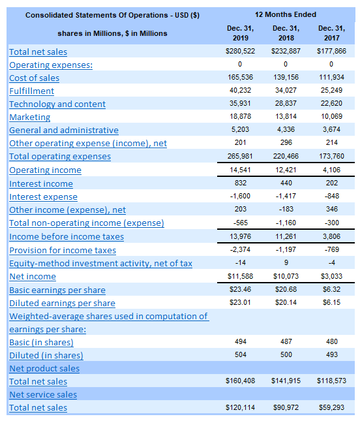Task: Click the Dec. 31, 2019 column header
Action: [x=241, y=33]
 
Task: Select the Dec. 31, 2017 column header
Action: [x=332, y=33]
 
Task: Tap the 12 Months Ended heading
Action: [x=286, y=14]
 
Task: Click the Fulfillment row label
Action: [x=31, y=91]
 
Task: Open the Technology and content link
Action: [x=57, y=104]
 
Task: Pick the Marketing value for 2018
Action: [x=286, y=116]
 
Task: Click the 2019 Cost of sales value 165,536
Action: [x=241, y=77]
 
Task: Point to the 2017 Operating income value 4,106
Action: [x=332, y=170]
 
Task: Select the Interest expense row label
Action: [x=43, y=197]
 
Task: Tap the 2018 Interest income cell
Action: [x=286, y=183]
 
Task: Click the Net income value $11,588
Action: [x=241, y=276]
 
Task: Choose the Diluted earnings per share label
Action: [x=62, y=304]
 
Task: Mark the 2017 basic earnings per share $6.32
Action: [x=332, y=289]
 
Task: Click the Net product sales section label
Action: [x=44, y=369]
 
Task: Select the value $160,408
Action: [x=241, y=381]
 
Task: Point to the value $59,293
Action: [x=332, y=407]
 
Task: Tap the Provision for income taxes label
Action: [x=63, y=251]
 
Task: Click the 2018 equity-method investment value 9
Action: [x=286, y=262]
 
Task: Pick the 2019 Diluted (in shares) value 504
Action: [x=241, y=354]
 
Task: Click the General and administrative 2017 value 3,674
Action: [x=332, y=129]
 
